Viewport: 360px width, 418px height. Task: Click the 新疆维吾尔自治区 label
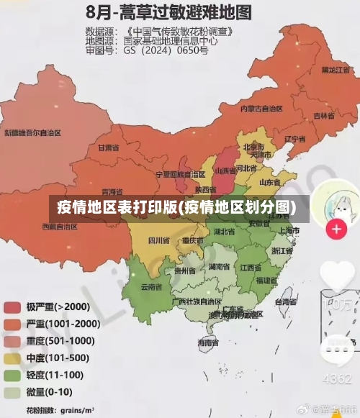(x=32, y=132)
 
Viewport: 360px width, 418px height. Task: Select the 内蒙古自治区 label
(x=261, y=108)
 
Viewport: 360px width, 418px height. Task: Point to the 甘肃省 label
(x=107, y=147)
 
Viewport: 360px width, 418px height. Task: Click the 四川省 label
(x=158, y=240)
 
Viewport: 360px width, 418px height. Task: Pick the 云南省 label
(x=151, y=286)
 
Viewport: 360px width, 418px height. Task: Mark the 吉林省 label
(x=324, y=114)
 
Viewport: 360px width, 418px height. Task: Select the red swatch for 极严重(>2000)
(x=13, y=307)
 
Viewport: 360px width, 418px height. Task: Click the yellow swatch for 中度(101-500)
(x=13, y=358)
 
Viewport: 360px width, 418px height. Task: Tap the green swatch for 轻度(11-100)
(x=13, y=376)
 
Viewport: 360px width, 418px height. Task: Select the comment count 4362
(x=337, y=378)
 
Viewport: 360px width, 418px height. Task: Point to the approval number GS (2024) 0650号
(x=166, y=50)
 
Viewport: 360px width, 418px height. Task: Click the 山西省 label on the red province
(x=225, y=171)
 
